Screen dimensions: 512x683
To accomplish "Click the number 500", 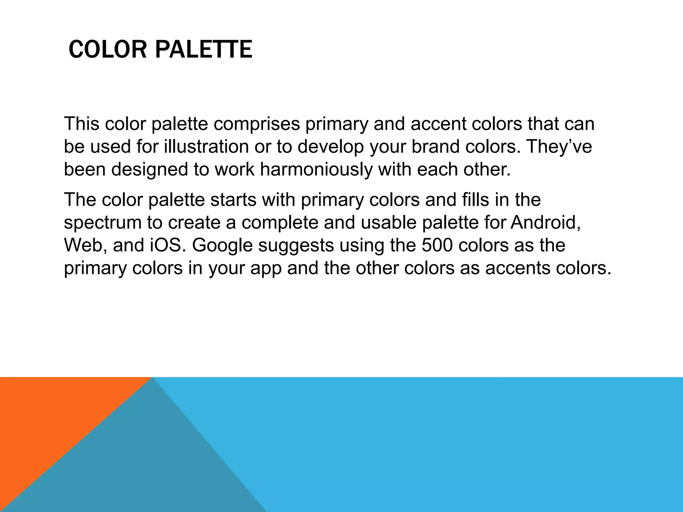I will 437,245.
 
